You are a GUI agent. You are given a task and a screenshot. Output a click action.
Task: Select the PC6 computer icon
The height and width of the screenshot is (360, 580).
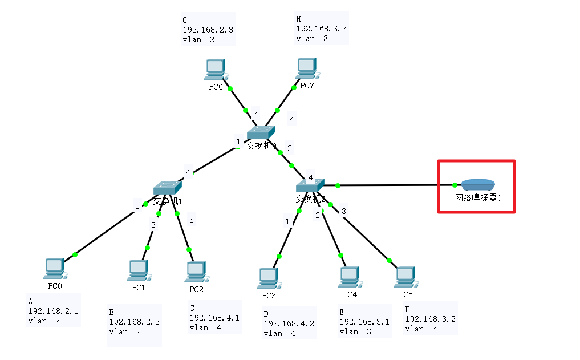click(216, 70)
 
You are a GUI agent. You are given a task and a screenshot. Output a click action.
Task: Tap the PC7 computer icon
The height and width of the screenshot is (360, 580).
click(306, 68)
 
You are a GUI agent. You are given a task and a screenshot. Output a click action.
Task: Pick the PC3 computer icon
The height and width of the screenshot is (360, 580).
click(268, 278)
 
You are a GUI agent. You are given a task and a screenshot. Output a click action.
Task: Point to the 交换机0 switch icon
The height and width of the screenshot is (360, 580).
click(261, 133)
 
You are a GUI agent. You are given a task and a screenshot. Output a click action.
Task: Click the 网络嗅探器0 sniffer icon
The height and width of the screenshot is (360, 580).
click(478, 185)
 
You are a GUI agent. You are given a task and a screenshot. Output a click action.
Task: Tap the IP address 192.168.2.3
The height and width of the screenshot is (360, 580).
click(208, 30)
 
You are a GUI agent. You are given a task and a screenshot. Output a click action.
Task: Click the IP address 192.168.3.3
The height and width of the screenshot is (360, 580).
click(321, 29)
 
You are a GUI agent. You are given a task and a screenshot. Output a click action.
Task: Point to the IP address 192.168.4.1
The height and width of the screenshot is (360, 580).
click(214, 318)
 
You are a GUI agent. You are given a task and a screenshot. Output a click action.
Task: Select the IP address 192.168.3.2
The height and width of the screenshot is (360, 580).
click(430, 319)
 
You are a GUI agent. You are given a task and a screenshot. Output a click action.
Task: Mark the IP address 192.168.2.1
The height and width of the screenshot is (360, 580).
click(53, 311)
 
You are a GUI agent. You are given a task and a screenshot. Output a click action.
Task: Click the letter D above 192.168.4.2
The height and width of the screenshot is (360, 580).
click(266, 313)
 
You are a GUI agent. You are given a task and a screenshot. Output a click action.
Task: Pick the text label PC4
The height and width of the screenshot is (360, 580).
click(350, 294)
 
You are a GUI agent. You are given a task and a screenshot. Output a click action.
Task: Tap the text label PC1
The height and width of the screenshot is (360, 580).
click(139, 288)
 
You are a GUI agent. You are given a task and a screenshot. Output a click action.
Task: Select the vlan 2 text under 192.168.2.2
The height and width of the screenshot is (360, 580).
click(125, 331)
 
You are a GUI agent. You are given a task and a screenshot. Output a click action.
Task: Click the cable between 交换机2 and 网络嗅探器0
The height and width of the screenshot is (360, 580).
click(394, 185)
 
